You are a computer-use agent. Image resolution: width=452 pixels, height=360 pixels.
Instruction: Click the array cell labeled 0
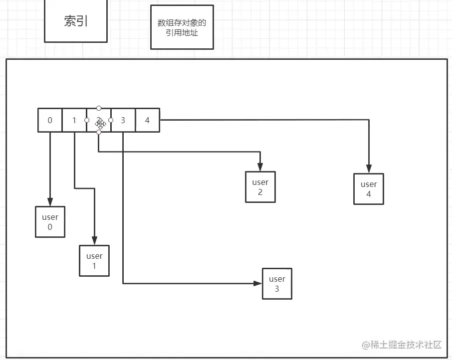(x=50, y=120)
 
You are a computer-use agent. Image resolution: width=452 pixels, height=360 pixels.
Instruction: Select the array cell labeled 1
(x=74, y=120)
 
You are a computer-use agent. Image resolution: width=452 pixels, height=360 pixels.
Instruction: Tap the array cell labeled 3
(x=123, y=120)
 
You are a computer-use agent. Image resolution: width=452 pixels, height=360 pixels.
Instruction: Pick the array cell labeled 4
(x=147, y=120)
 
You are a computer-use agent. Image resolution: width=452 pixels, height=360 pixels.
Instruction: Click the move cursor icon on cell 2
(x=100, y=122)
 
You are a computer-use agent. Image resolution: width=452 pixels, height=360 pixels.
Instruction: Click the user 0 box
(x=50, y=222)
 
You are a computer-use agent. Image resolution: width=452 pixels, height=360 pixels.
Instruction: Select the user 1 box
(x=94, y=261)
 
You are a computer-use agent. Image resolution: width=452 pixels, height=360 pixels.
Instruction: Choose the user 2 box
(x=260, y=187)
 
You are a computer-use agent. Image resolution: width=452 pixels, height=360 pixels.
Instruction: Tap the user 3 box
(x=277, y=284)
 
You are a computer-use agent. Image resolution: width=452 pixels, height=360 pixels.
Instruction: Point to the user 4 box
(x=369, y=189)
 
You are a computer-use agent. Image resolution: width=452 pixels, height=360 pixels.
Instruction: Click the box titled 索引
(x=76, y=21)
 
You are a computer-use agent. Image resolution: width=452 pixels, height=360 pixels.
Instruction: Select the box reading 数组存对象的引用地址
(x=182, y=27)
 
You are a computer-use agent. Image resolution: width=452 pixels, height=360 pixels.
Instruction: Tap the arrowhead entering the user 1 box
(x=94, y=241)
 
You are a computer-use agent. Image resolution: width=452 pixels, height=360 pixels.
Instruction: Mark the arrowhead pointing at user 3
(x=257, y=283)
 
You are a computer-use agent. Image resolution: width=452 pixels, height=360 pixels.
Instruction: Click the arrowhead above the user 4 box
(x=369, y=169)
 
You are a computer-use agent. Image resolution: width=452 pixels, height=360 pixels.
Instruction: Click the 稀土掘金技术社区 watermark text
(x=402, y=345)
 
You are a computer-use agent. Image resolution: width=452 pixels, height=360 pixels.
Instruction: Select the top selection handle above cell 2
(x=99, y=108)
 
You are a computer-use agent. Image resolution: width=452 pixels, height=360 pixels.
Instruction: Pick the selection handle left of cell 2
(x=87, y=120)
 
